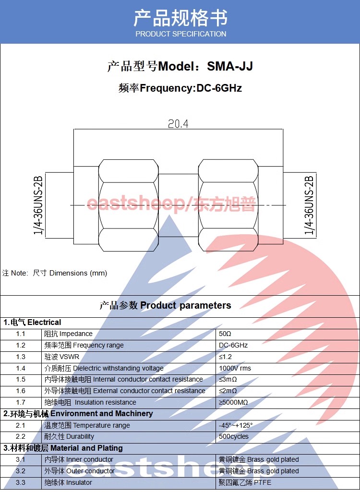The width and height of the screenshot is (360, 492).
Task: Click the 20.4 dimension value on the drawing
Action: coord(178,124)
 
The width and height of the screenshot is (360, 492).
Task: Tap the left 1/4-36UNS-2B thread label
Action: coord(38,205)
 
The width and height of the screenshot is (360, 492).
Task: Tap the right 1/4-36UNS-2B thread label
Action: coord(309,205)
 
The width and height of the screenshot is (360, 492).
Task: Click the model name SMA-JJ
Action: coord(230,66)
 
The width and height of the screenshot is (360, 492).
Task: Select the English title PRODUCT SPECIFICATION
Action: coord(181,34)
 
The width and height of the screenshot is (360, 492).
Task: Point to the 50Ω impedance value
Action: coord(225,334)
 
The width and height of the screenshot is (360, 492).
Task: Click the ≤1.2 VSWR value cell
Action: coord(225,357)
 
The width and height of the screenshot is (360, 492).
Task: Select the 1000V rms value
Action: coord(235,368)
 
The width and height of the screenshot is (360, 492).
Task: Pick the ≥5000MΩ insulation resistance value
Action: coord(233,402)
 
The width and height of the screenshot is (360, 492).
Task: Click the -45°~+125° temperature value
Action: coord(236,425)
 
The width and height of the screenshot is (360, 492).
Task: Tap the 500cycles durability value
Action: coord(233,436)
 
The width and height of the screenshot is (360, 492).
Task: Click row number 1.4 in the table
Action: coord(21,368)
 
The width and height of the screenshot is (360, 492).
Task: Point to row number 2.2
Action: coord(21,436)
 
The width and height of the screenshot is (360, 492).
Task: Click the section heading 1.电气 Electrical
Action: coord(32,322)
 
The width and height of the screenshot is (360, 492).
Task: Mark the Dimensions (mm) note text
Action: coord(78,273)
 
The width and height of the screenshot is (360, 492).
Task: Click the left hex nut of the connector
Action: coord(128,205)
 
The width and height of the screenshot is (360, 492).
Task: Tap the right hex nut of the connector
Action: coord(228,205)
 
